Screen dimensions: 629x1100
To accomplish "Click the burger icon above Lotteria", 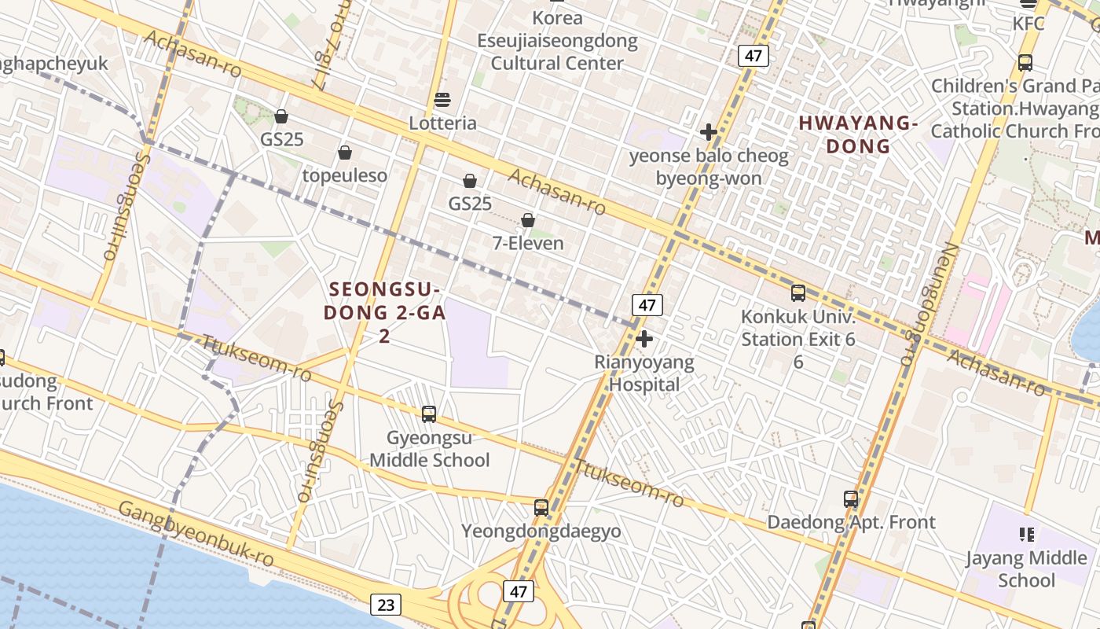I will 442,100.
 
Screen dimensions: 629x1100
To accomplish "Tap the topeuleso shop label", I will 345,175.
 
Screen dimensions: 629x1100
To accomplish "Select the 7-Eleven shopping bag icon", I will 528,220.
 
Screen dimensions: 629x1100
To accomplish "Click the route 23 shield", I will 385,605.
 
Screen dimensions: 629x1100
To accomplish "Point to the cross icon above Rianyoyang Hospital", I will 644,340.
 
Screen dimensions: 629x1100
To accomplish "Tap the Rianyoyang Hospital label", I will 644,373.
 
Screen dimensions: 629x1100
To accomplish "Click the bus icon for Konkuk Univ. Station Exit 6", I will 798,293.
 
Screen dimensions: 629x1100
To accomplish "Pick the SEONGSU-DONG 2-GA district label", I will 385,312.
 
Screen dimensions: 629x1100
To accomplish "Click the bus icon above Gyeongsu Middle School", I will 429,414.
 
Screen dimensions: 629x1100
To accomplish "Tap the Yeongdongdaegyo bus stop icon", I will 541,508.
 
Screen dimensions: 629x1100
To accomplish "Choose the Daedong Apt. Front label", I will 851,522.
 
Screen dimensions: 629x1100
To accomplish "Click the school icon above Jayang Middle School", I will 1026,535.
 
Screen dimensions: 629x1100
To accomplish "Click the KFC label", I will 1028,24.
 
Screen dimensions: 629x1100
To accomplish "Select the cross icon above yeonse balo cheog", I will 708,132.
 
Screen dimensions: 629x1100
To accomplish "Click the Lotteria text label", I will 442,123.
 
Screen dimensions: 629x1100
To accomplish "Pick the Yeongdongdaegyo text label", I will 541,531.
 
